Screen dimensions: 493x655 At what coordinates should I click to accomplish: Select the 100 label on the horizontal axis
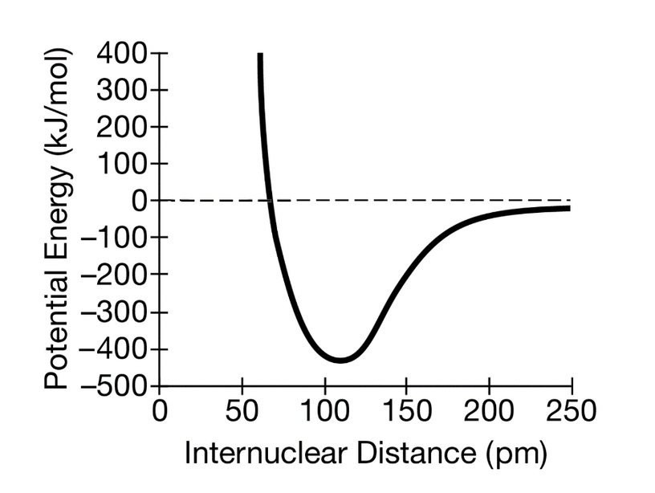pyautogui.click(x=324, y=413)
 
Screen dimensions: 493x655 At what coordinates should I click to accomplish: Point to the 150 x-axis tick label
pyautogui.click(x=407, y=413)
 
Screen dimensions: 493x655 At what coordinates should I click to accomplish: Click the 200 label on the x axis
pyautogui.click(x=489, y=413)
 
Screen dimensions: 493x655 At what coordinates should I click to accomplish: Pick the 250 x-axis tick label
pyautogui.click(x=571, y=413)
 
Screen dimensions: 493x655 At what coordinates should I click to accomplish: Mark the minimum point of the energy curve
pyautogui.click(x=340, y=360)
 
